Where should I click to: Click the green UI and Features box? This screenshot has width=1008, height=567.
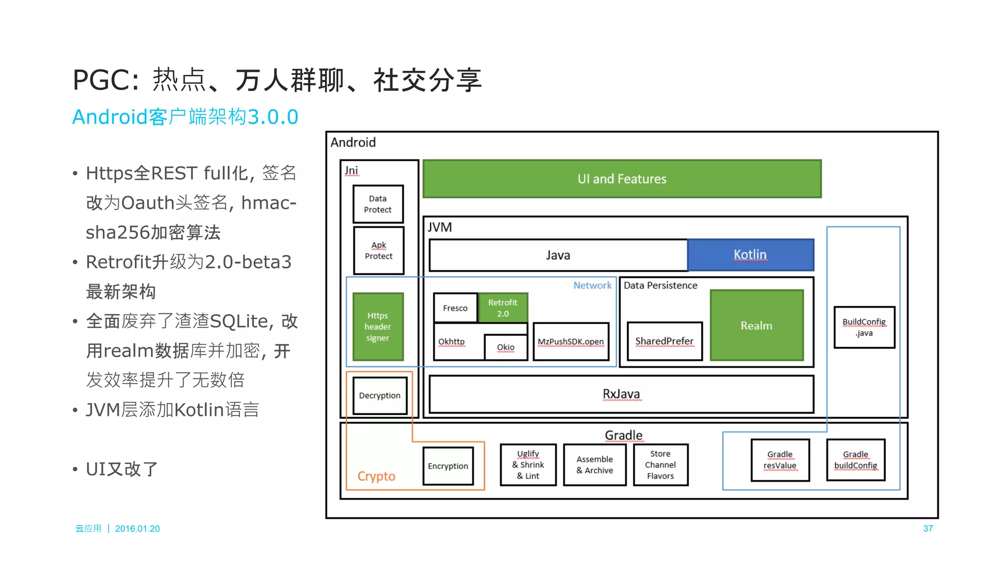[622, 179]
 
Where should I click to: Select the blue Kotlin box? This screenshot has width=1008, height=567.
[750, 255]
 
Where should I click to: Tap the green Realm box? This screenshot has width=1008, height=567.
[756, 326]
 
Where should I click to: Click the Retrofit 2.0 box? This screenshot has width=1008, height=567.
[503, 308]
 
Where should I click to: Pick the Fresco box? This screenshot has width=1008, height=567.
[455, 308]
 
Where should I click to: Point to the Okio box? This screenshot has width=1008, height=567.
[505, 347]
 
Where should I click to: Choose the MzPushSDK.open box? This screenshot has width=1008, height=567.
[570, 342]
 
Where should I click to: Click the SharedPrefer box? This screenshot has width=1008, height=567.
[664, 341]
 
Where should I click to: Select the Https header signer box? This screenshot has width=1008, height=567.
[378, 327]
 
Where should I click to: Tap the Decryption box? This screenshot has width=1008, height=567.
[379, 396]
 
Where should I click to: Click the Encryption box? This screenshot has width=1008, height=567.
[448, 466]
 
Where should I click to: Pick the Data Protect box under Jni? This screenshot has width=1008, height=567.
[378, 204]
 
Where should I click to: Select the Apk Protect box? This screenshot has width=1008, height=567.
[378, 250]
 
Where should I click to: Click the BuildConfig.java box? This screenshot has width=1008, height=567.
[864, 327]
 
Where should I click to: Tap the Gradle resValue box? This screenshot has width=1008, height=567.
[780, 460]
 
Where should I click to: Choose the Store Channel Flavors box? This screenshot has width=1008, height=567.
[660, 465]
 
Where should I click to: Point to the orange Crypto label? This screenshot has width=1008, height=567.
[376, 476]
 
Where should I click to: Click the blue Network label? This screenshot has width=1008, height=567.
[592, 285]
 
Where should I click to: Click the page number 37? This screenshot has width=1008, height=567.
[928, 529]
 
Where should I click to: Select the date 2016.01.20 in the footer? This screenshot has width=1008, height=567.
[137, 529]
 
